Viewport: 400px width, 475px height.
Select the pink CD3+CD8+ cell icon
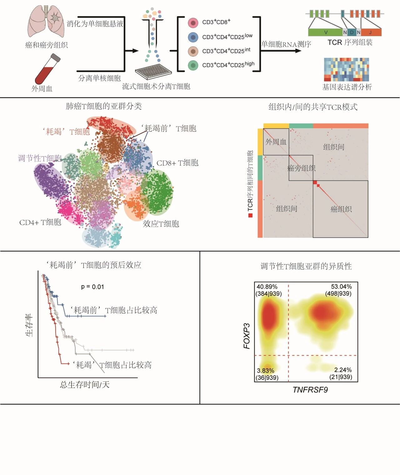(x=193, y=23)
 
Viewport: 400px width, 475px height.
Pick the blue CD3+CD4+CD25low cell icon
(x=193, y=37)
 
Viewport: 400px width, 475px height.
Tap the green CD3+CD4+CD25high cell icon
(x=193, y=65)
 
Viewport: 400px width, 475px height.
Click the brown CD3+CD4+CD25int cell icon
(x=193, y=51)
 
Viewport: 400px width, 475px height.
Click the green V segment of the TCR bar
(x=325, y=32)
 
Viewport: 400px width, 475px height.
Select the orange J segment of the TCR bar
(x=371, y=32)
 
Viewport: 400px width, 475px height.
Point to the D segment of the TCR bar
(x=352, y=32)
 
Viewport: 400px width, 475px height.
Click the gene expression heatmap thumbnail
(x=346, y=69)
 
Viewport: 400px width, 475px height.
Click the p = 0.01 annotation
(x=92, y=287)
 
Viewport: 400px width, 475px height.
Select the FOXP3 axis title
(x=247, y=336)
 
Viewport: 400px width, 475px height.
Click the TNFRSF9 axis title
(x=310, y=390)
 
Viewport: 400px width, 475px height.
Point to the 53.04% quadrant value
(x=341, y=287)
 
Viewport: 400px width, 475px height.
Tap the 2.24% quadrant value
(x=343, y=370)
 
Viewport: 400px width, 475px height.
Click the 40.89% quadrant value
(x=267, y=287)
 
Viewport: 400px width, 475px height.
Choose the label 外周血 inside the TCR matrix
(x=276, y=142)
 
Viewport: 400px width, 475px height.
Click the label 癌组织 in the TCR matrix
(x=341, y=209)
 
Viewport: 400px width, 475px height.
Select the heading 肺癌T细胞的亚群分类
(x=104, y=106)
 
